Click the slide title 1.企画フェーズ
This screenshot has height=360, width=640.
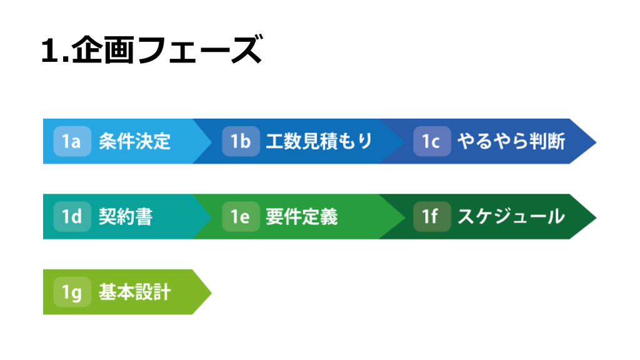tap(151, 51)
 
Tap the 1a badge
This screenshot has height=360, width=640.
tap(72, 141)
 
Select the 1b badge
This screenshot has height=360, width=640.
tap(241, 141)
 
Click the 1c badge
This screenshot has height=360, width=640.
tap(431, 141)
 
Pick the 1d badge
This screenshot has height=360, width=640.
tap(72, 217)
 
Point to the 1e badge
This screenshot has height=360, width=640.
tap(241, 217)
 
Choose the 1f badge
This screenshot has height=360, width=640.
tap(431, 217)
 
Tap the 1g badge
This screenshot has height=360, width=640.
tap(72, 292)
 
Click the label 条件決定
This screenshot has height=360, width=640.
tap(134, 141)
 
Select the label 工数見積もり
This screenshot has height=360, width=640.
tap(319, 141)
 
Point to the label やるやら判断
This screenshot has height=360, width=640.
tap(511, 141)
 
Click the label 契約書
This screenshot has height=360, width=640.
tap(126, 217)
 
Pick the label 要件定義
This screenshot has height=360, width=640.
tap(301, 217)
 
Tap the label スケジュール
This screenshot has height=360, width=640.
tap(511, 217)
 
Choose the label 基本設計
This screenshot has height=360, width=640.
tap(134, 292)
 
